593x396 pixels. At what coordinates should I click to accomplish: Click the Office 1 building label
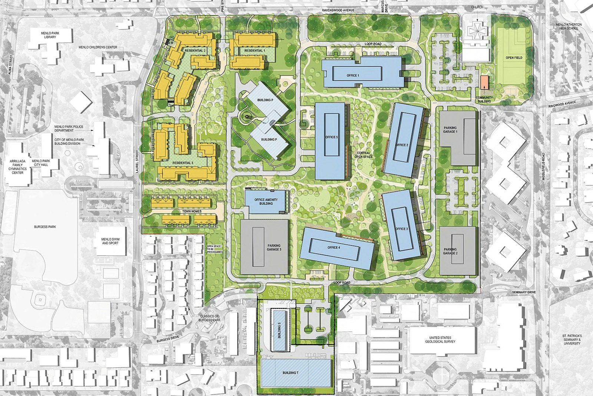click(x=353, y=76)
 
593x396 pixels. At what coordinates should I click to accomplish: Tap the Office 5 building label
click(x=332, y=137)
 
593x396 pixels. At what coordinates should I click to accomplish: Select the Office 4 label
click(x=333, y=247)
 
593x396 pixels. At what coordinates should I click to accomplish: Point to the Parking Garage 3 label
click(x=274, y=248)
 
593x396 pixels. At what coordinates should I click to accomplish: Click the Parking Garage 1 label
click(x=451, y=130)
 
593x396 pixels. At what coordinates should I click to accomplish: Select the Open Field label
click(x=514, y=58)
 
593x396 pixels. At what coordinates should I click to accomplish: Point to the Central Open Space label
click(x=364, y=155)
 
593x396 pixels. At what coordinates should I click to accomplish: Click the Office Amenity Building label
click(x=266, y=202)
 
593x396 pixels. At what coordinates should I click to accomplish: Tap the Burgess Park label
click(x=45, y=227)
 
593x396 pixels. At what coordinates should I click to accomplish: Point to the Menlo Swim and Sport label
click(x=111, y=241)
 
